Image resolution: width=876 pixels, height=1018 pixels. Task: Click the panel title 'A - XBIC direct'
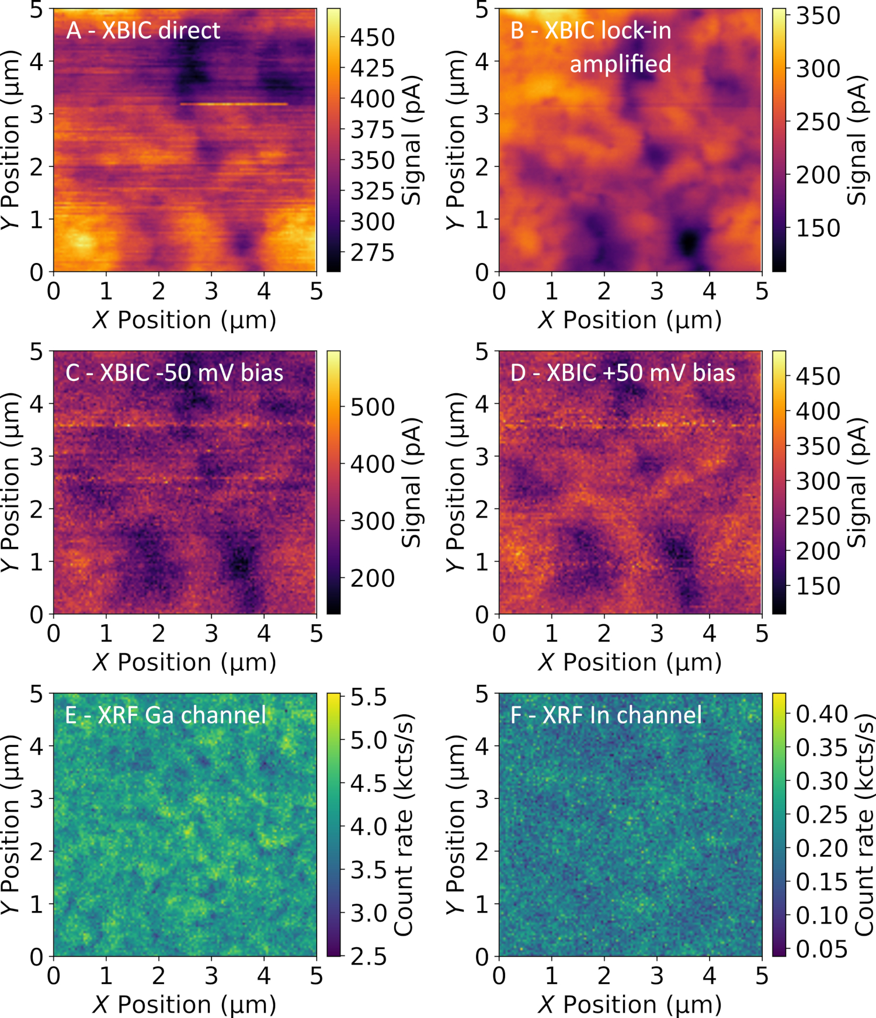pos(143,30)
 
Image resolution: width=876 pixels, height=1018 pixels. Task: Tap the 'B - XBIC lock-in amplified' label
pos(591,47)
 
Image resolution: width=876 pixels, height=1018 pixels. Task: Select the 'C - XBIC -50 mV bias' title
pos(174,373)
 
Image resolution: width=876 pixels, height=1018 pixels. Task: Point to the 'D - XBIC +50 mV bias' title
pos(623,373)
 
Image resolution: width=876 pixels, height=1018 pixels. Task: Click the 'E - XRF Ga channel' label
pos(165,715)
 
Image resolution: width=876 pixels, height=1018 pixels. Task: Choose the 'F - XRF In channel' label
pos(606,715)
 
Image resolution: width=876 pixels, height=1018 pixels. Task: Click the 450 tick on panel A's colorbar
pos(373,38)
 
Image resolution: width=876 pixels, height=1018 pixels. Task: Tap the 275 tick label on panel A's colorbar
pos(373,253)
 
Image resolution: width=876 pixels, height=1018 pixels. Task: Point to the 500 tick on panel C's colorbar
pos(373,407)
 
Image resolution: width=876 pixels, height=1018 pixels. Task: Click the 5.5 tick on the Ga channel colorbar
pos(369,697)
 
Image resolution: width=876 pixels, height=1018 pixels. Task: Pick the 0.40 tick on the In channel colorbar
pos(822,714)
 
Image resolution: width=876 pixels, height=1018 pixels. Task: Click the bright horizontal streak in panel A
pos(234,104)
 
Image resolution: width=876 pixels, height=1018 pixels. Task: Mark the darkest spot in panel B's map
pos(690,241)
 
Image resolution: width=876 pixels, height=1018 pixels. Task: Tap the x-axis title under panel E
pos(184,1005)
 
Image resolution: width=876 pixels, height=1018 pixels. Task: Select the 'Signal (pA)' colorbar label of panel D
pos(856,482)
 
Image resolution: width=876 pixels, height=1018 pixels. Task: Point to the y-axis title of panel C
pos(10,482)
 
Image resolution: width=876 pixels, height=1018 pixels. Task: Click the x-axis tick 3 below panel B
pos(657,290)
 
